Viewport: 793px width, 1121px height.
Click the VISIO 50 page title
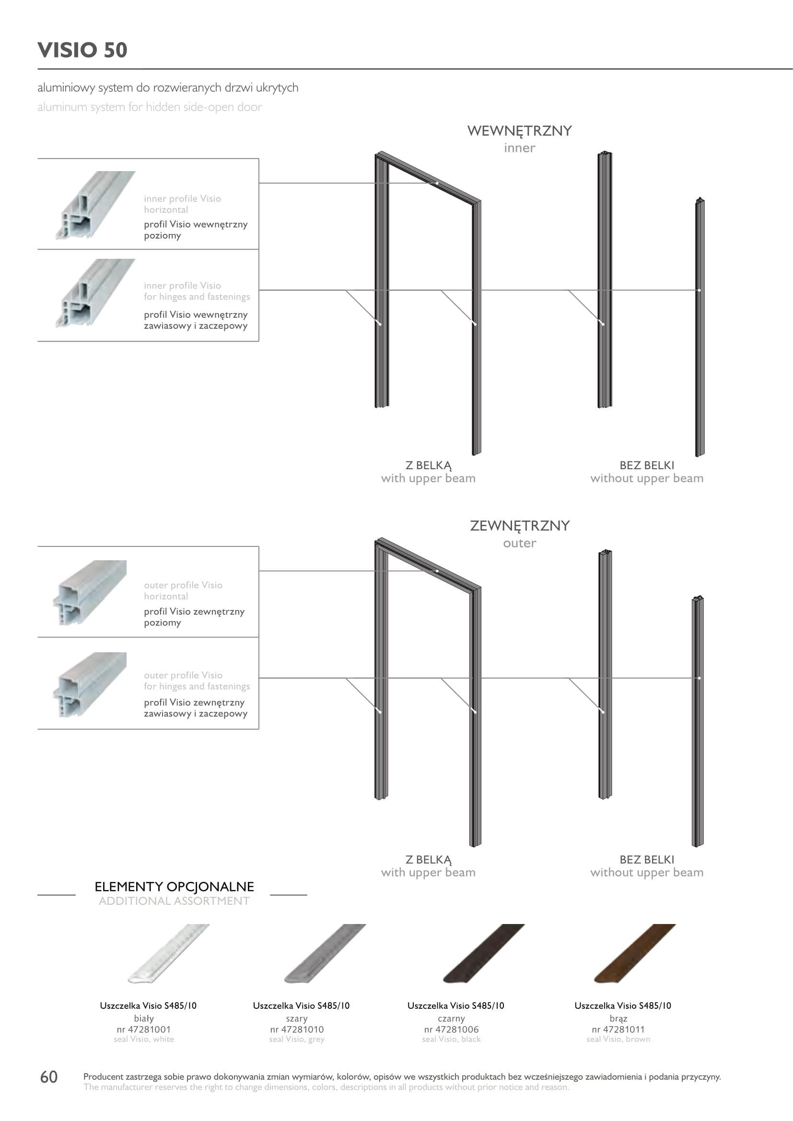pyautogui.click(x=82, y=50)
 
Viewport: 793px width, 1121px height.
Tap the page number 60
pyautogui.click(x=49, y=1076)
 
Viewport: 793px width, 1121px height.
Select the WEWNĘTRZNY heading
pyautogui.click(x=520, y=131)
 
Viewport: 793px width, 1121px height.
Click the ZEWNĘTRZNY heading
pyautogui.click(x=520, y=526)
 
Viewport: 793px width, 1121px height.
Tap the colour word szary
pyautogui.click(x=297, y=1018)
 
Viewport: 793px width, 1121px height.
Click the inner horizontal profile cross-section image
pyautogui.click(x=95, y=205)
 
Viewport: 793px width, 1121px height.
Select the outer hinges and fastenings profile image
pyautogui.click(x=90, y=684)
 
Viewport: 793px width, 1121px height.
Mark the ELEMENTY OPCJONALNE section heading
pyautogui.click(x=175, y=887)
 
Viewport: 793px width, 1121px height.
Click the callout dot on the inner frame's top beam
pyautogui.click(x=437, y=183)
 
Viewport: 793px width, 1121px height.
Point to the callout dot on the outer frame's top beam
pyautogui.click(x=437, y=571)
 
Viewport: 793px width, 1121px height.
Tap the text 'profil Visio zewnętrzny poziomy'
pyautogui.click(x=194, y=617)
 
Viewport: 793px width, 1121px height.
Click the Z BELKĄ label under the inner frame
pyautogui.click(x=429, y=465)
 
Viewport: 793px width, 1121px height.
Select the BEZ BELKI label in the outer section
pyautogui.click(x=647, y=859)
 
